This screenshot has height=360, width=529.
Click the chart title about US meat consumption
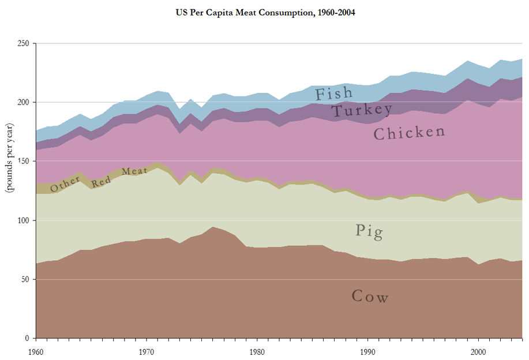[x=265, y=12]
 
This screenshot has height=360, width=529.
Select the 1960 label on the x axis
[x=36, y=351]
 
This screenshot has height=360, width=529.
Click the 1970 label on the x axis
[x=147, y=351]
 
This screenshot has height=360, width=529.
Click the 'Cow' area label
[x=370, y=297]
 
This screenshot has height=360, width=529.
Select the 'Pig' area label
[x=369, y=231]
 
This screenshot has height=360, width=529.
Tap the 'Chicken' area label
[x=410, y=133]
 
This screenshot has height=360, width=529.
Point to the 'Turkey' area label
[x=362, y=109]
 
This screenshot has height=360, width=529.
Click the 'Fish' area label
[x=333, y=93]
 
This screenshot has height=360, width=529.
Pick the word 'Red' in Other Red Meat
[x=101, y=180]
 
